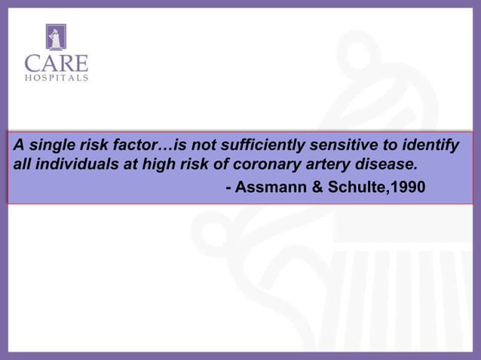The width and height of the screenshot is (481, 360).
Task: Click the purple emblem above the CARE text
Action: (56, 38)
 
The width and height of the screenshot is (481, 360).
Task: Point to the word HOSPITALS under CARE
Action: (56, 77)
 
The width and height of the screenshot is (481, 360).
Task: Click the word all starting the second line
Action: (21, 164)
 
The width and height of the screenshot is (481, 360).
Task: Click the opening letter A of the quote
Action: (17, 145)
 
